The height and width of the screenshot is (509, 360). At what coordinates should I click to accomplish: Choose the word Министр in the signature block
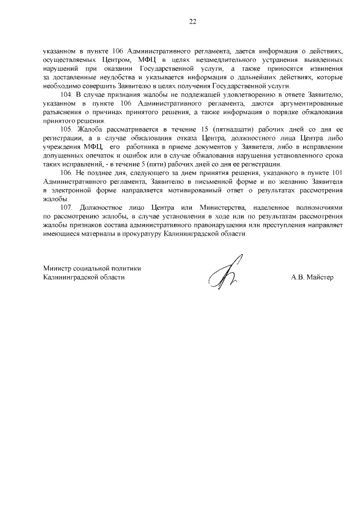click(x=57, y=268)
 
